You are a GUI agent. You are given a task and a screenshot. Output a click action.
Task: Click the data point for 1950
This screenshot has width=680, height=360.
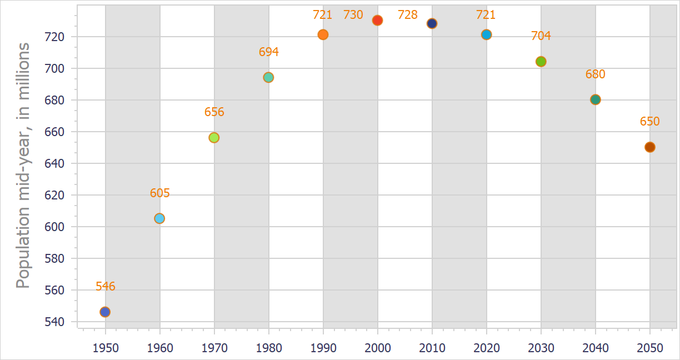[x=105, y=312]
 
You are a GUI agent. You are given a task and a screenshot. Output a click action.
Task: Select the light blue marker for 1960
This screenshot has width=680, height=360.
[x=159, y=218]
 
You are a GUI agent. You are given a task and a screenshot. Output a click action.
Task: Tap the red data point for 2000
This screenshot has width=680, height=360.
[x=377, y=21]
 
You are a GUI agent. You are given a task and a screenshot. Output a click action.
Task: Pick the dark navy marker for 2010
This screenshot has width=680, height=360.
[x=432, y=23]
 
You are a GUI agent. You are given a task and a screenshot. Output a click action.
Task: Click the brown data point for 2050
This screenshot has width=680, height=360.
[x=649, y=147]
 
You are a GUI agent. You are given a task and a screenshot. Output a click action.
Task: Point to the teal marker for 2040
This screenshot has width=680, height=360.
[x=595, y=99]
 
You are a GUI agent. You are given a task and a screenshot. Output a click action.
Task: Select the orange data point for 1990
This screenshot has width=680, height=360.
[x=323, y=34]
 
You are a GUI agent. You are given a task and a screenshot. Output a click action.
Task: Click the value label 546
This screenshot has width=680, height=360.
[x=105, y=287]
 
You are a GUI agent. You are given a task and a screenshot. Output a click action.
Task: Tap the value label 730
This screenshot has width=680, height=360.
[x=353, y=15]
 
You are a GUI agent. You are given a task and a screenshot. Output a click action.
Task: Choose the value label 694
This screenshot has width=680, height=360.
[x=268, y=52]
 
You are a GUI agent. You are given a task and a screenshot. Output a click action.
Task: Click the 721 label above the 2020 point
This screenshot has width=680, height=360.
[x=486, y=15]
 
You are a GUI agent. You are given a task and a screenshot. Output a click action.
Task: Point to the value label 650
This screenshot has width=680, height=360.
[x=649, y=122]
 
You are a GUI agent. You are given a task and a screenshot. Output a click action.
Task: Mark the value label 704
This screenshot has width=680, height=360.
[x=541, y=36]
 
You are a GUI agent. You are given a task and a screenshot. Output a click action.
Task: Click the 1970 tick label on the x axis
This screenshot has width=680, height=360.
[x=214, y=348]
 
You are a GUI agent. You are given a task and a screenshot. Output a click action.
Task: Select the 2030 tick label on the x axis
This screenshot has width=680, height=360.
[x=541, y=348]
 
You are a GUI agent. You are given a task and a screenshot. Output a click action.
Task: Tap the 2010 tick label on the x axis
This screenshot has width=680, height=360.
[x=432, y=348]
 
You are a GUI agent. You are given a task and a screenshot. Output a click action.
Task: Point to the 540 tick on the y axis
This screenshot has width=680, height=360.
[x=57, y=322]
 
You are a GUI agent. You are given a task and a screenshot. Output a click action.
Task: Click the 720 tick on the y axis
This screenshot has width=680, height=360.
[x=57, y=37]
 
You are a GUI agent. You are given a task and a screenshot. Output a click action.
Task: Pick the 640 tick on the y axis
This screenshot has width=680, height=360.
[x=57, y=163]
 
